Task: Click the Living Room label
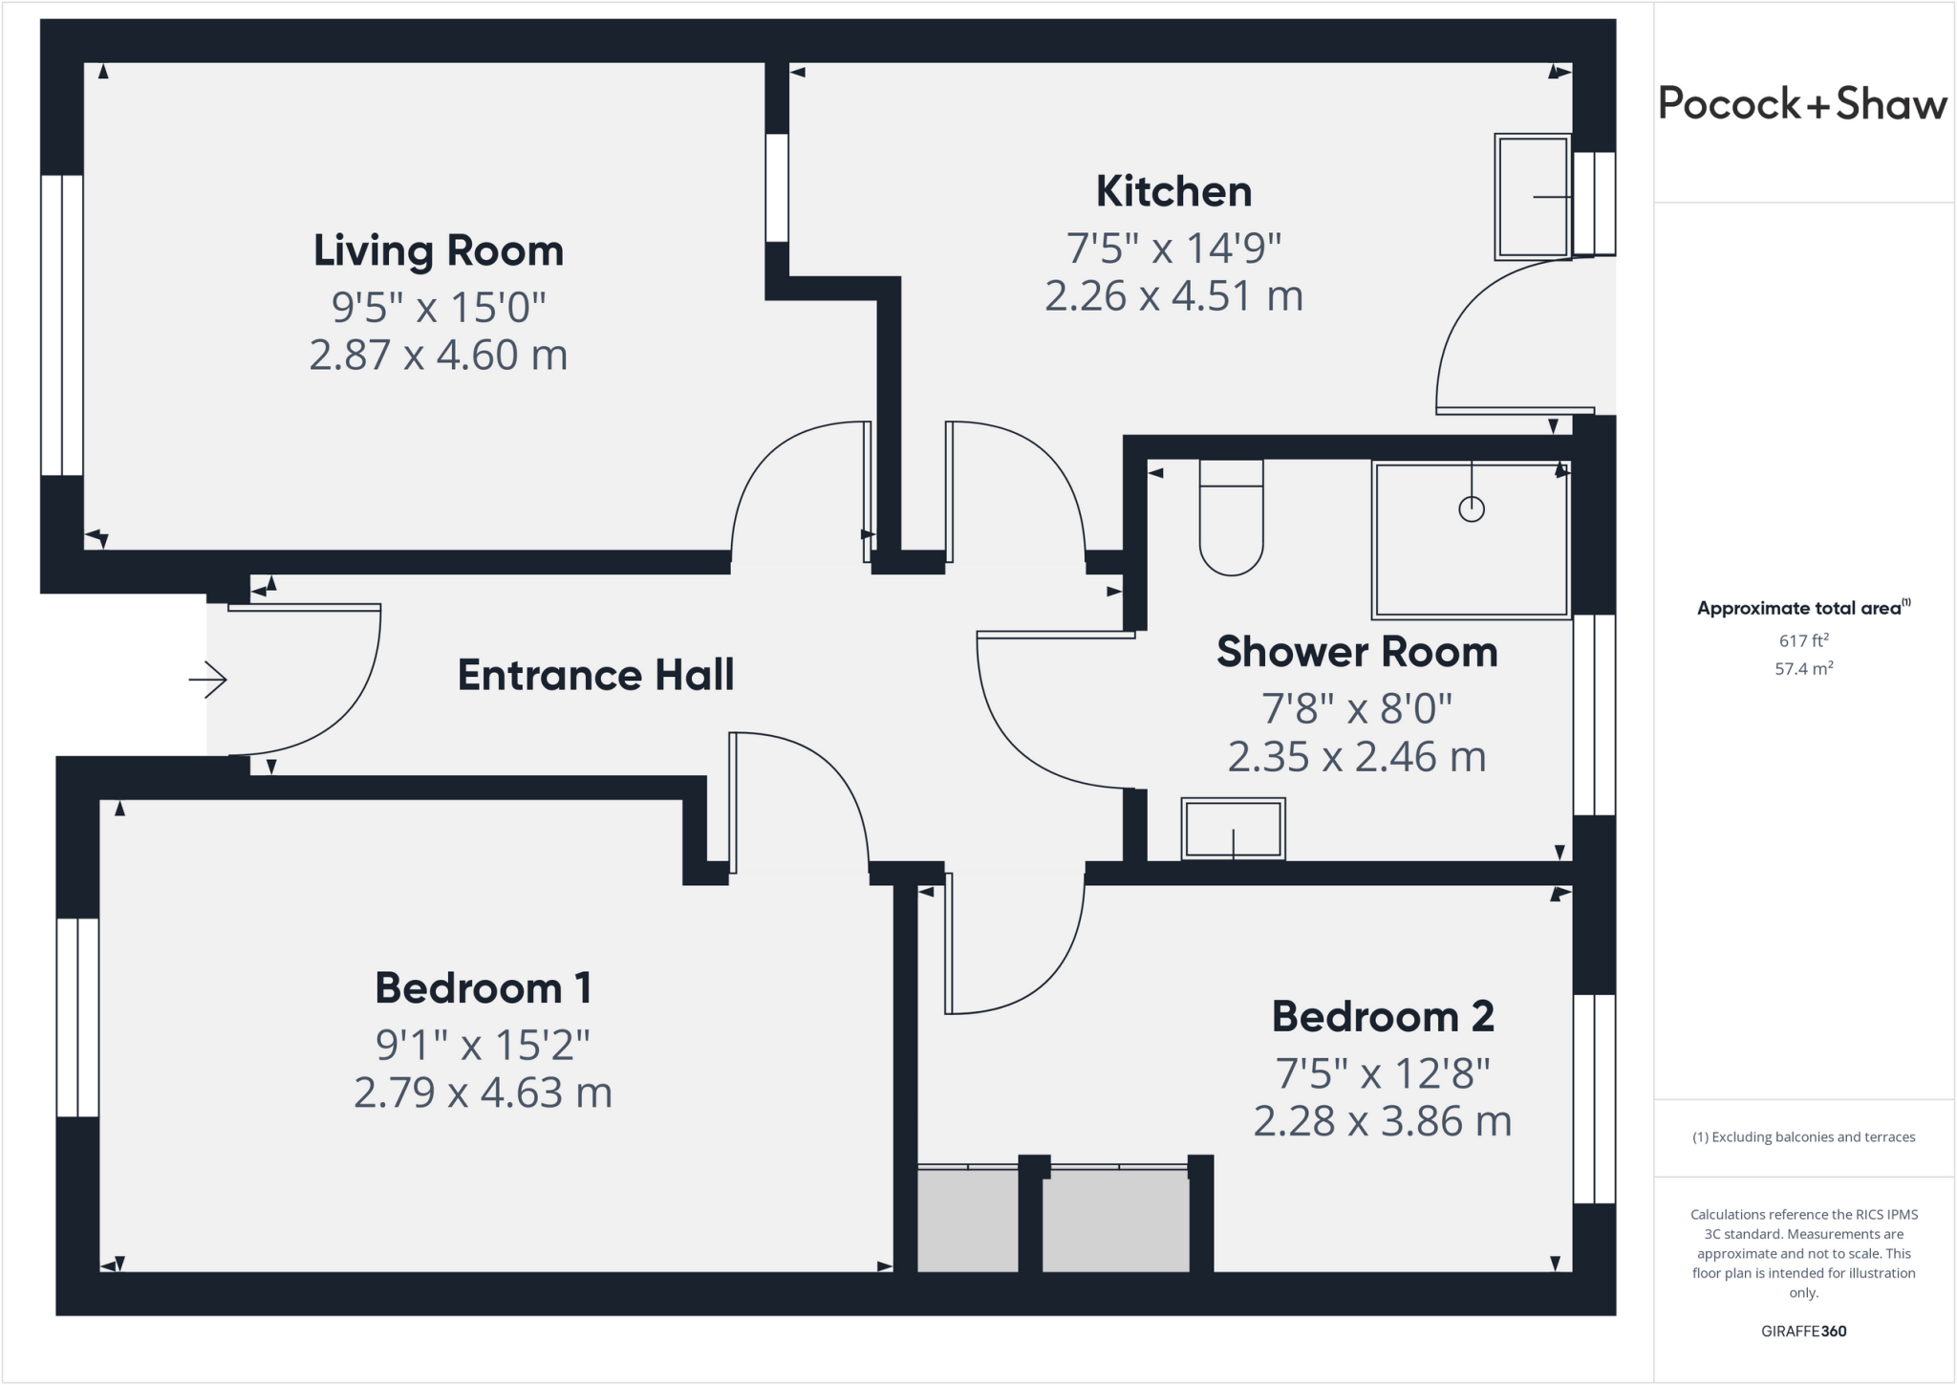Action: coord(439,251)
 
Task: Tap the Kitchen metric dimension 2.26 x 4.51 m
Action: coord(1173,296)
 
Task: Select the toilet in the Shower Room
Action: coord(1231,521)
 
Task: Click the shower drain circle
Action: coord(1472,509)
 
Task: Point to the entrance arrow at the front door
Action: coord(207,680)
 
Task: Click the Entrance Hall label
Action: coord(595,676)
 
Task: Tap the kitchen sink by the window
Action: coord(1533,197)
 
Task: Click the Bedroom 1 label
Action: coord(483,988)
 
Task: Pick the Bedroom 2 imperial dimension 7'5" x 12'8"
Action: coord(1383,1074)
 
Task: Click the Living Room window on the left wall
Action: coord(62,325)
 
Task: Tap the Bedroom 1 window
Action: coord(77,1017)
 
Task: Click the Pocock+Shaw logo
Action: coord(1802,104)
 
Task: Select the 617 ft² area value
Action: coord(1803,641)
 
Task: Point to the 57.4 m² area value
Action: coord(1803,669)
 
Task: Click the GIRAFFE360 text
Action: coord(1803,1331)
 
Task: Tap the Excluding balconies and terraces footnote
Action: coord(1803,1137)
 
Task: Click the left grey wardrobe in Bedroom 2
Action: coord(967,1221)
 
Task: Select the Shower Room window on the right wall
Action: coord(1594,714)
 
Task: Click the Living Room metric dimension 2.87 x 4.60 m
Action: coord(439,356)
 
